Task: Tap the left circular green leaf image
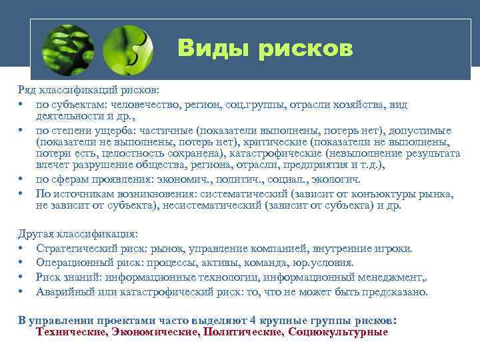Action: point(67,49)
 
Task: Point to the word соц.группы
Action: point(239,105)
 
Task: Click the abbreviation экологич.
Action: point(335,179)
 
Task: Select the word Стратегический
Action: point(74,249)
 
